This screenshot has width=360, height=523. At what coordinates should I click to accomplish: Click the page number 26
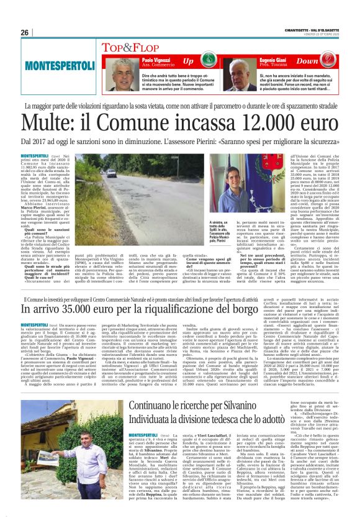(x=25, y=32)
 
